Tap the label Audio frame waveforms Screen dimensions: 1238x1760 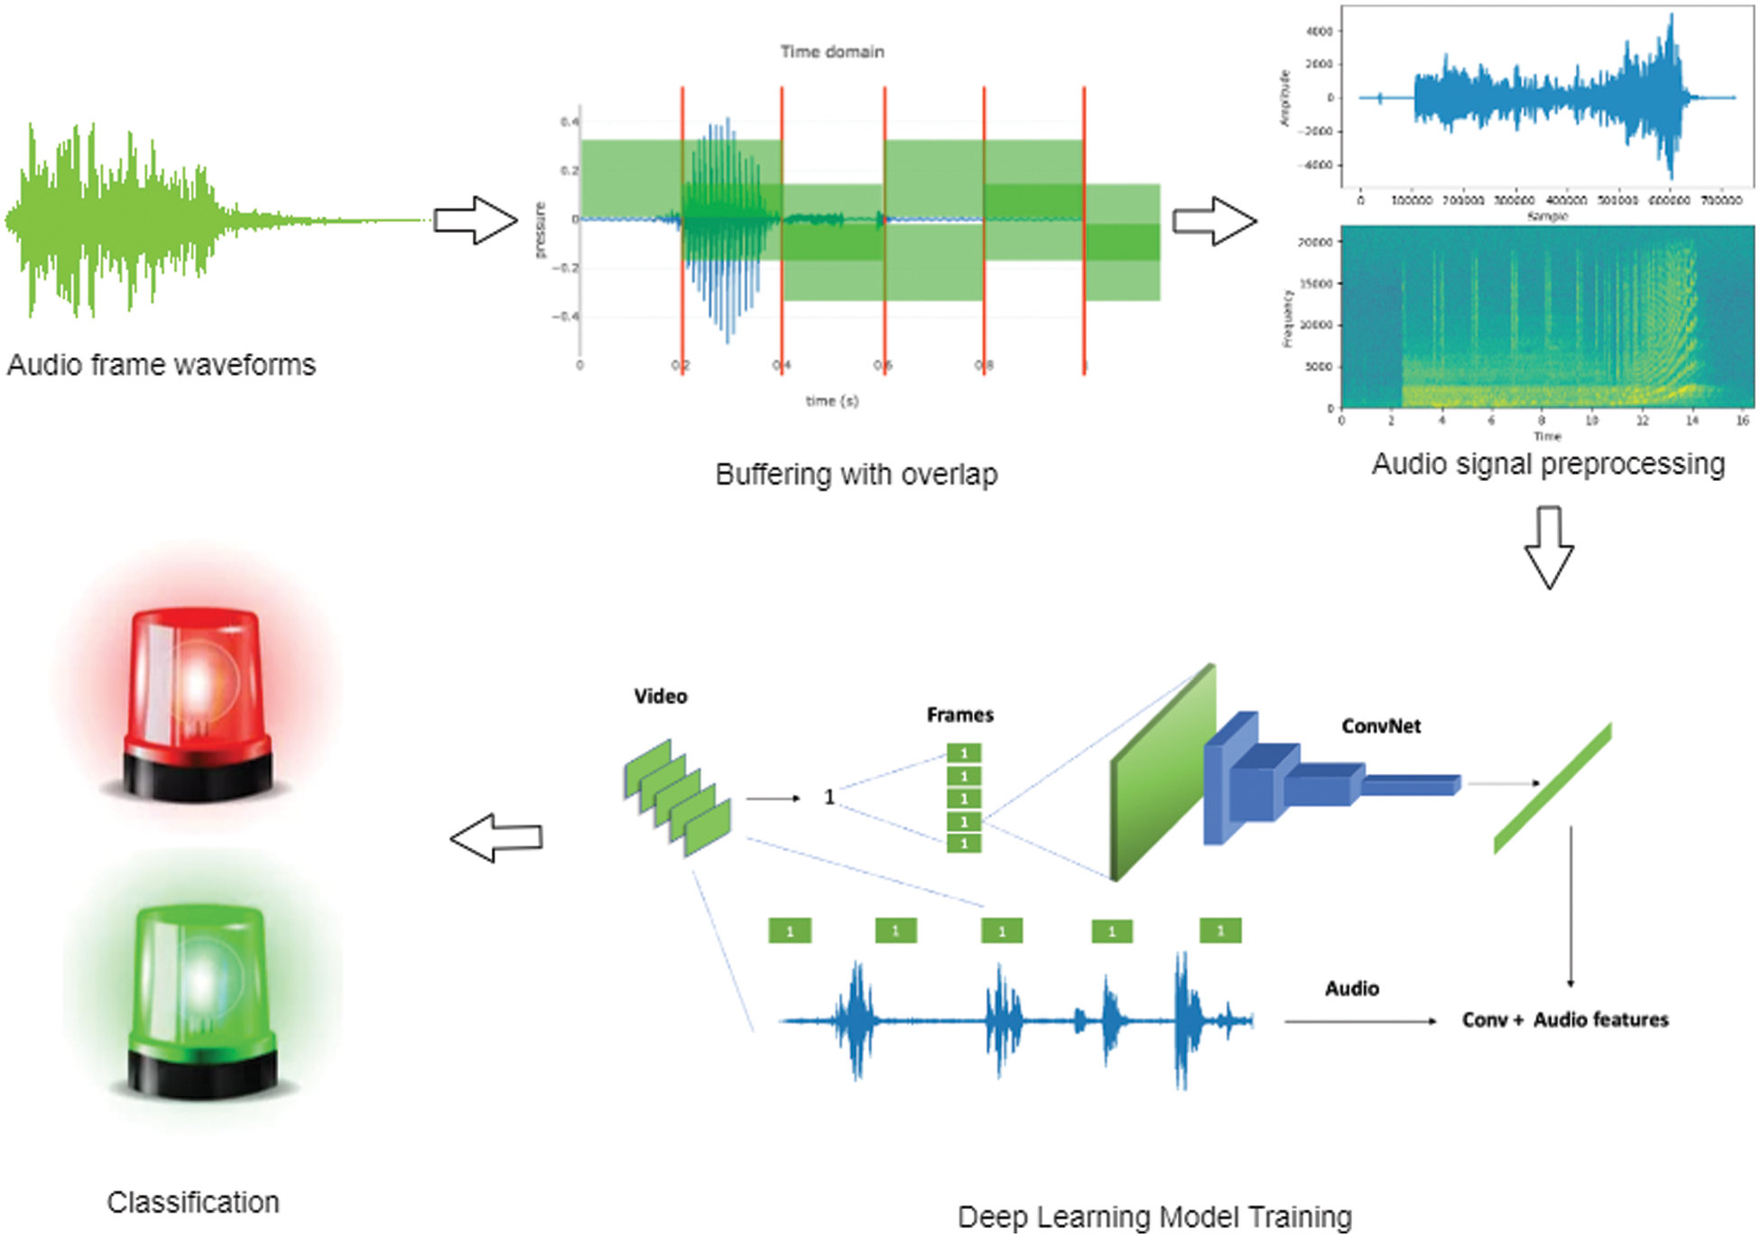click(x=162, y=365)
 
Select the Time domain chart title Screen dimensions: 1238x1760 click(x=831, y=51)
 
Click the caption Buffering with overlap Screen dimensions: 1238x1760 click(x=856, y=475)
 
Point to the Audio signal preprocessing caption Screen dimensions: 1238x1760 click(x=1547, y=464)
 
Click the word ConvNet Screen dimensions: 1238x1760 click(x=1380, y=726)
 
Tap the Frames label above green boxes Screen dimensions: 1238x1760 click(x=959, y=716)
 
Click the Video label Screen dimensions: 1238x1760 click(x=660, y=697)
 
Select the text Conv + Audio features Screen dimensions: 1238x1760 click(x=1564, y=1021)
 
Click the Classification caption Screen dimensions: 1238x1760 click(x=192, y=1203)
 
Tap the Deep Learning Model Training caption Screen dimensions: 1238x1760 click(x=1153, y=1217)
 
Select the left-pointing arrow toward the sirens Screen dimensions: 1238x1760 click(x=496, y=838)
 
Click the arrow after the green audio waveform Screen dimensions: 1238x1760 click(x=475, y=220)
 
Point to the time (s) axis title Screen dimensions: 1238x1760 click(x=831, y=401)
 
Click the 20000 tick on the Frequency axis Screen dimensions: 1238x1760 click(x=1315, y=242)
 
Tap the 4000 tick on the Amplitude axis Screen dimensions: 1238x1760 click(x=1319, y=32)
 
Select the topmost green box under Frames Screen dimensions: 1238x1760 click(x=963, y=753)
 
